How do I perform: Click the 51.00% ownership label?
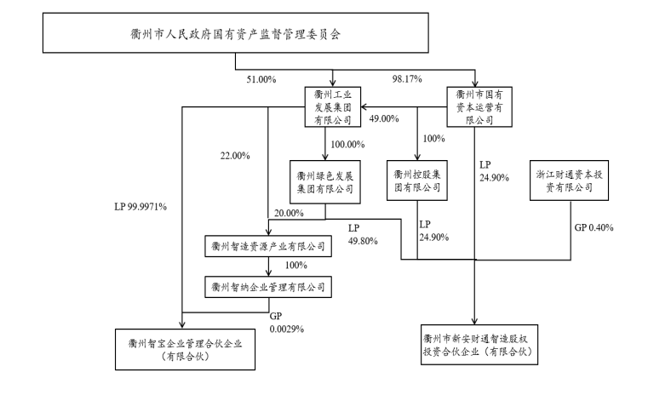tap(261, 80)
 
